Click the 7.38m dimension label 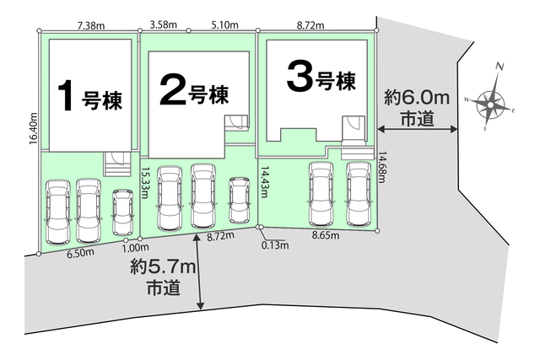tap(91, 25)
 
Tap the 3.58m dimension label tap(163, 24)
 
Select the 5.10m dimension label tap(224, 25)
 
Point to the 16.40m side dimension tap(34, 128)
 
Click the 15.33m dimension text tap(145, 183)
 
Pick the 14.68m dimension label tap(382, 168)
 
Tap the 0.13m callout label tap(275, 245)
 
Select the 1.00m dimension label tap(135, 247)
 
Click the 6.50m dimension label tap(81, 252)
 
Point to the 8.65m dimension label tap(326, 235)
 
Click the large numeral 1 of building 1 tap(66, 95)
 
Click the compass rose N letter tap(499, 67)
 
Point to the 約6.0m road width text tap(417, 99)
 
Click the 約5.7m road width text tap(163, 266)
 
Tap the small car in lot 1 tap(122, 212)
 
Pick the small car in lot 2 tap(240, 200)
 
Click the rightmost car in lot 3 tap(359, 194)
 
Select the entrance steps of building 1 tap(117, 164)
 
